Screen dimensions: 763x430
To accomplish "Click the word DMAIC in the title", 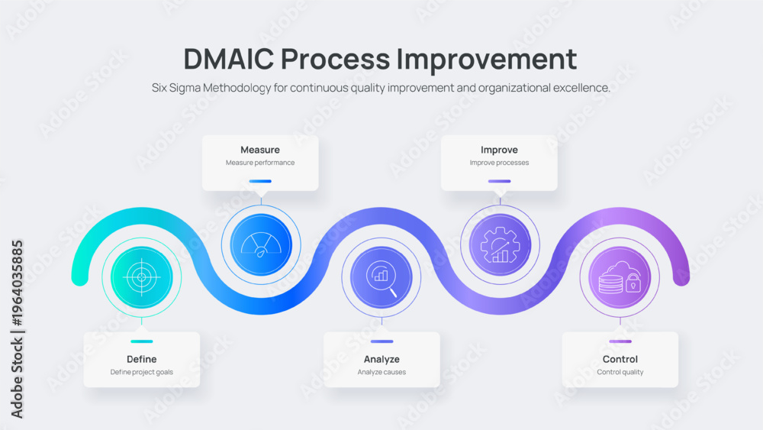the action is pyautogui.click(x=229, y=59).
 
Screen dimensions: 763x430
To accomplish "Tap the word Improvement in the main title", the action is pyautogui.click(x=487, y=59).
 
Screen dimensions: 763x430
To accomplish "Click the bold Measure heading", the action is pyautogui.click(x=260, y=150).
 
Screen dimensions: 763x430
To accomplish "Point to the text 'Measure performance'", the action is pyautogui.click(x=260, y=163).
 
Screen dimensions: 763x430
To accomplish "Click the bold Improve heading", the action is pyautogui.click(x=499, y=150).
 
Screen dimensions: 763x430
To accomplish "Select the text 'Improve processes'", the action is pyautogui.click(x=499, y=163).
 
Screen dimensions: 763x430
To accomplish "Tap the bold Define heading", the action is pyautogui.click(x=142, y=360).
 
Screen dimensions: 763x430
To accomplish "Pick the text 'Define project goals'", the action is pyautogui.click(x=142, y=372).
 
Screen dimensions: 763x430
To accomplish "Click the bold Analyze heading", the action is pyautogui.click(x=381, y=360).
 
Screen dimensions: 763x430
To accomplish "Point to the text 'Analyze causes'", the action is pyautogui.click(x=381, y=372).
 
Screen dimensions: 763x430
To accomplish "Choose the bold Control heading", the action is pyautogui.click(x=620, y=360).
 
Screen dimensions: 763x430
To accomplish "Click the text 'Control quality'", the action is pyautogui.click(x=620, y=372).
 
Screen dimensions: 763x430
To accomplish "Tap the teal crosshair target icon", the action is pyautogui.click(x=142, y=277).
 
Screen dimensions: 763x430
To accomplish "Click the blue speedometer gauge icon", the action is pyautogui.click(x=261, y=244).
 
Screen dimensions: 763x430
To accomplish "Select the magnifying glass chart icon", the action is pyautogui.click(x=381, y=278).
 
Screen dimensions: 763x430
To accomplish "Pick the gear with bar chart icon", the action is pyautogui.click(x=500, y=245).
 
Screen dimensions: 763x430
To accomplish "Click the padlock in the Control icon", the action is pyautogui.click(x=633, y=283).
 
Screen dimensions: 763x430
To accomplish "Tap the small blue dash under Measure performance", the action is pyautogui.click(x=260, y=181).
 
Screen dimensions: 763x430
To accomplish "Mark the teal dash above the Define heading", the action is pyautogui.click(x=142, y=341).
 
